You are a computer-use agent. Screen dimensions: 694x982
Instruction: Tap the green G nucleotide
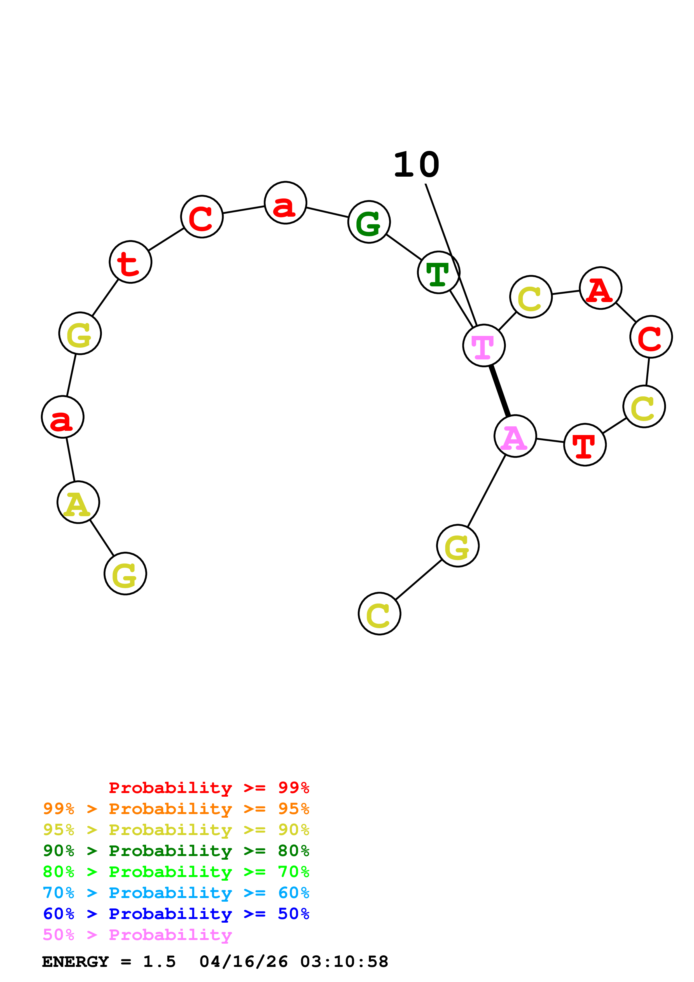[369, 222]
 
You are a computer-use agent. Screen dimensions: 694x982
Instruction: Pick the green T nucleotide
[438, 272]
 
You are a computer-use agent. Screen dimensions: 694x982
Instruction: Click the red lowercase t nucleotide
[130, 262]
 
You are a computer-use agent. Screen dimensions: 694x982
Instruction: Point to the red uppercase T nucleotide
[585, 445]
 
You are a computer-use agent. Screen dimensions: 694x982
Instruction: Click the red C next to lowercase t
[202, 217]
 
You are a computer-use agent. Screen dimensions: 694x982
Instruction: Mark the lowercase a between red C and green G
[285, 203]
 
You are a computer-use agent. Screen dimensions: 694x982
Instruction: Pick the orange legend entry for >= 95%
[176, 809]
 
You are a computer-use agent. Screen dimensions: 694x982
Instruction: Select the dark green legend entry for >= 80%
[176, 851]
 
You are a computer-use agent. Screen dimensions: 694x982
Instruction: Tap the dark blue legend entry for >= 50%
[176, 914]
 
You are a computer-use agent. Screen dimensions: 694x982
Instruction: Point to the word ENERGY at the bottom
[75, 962]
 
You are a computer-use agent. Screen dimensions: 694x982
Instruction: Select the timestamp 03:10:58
[344, 962]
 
